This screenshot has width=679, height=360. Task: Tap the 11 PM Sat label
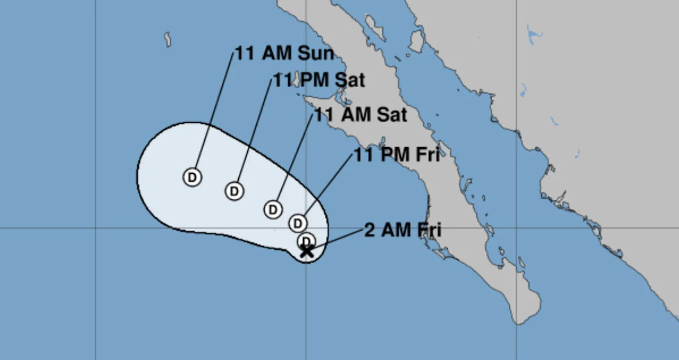319,80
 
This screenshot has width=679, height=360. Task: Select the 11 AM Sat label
360,115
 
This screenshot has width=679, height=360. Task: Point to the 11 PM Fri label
397,155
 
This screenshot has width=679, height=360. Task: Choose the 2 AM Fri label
402,230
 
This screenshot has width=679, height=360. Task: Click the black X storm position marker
306,251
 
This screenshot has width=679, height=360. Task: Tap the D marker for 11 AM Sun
192,177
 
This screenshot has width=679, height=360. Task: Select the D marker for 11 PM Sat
234,191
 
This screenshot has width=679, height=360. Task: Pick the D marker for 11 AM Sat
273,209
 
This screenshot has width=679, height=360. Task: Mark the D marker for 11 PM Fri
298,223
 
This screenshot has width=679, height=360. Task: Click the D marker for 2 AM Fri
306,241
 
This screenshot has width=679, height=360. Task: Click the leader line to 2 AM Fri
336,240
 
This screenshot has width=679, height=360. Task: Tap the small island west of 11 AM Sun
168,40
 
